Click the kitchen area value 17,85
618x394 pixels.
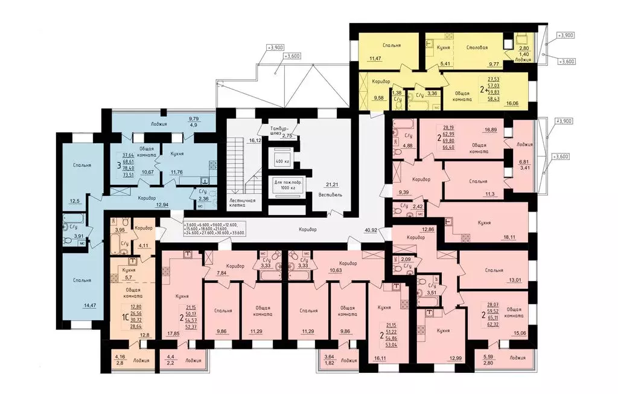[173, 333]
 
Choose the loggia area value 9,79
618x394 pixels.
[194, 118]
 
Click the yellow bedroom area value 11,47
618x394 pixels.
[375, 59]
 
